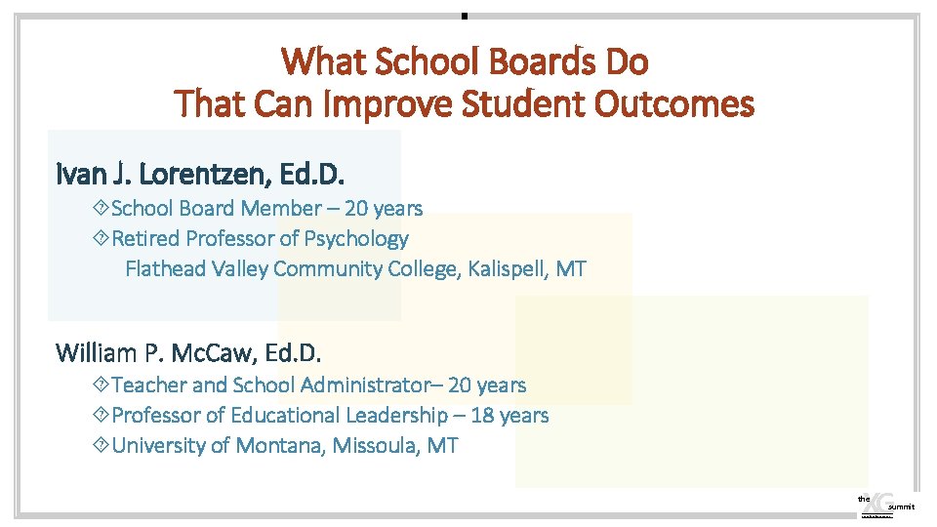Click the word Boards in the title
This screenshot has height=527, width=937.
coord(534,62)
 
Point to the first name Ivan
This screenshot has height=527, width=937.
coord(80,175)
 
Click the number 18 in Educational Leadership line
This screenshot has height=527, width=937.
coord(481,416)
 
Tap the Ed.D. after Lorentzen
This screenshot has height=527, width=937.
coord(312,175)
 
